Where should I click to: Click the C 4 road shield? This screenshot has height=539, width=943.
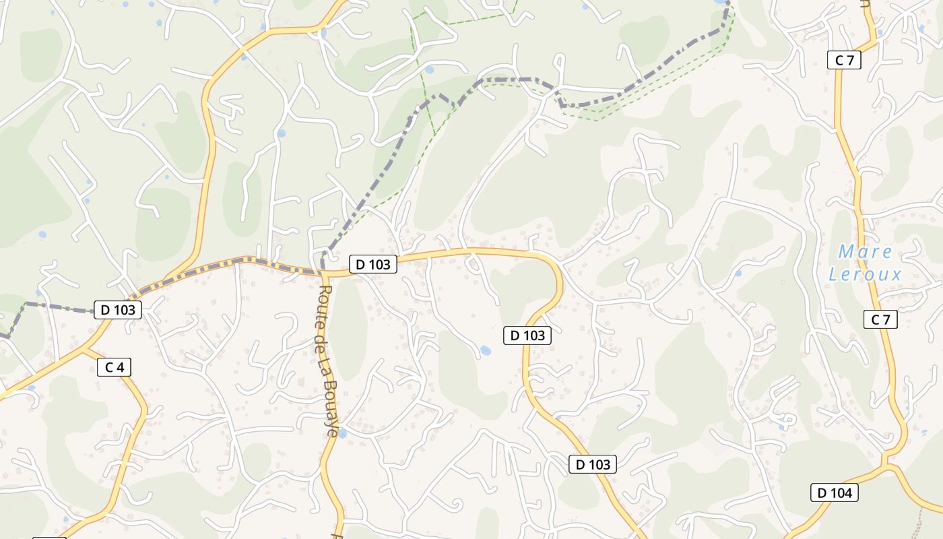(114, 367)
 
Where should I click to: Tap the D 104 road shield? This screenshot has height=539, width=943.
(835, 493)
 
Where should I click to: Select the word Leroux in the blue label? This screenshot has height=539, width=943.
(865, 274)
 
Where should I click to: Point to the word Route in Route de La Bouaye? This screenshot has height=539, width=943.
(324, 301)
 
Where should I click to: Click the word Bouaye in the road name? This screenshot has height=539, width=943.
(330, 410)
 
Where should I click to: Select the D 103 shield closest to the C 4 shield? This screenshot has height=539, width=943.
(118, 310)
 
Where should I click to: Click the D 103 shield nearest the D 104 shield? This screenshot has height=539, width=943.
(592, 464)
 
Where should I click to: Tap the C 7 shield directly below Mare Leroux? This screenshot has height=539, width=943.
(880, 319)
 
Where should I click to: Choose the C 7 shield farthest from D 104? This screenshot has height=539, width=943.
(844, 60)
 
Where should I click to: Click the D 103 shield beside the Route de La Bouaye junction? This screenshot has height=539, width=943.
(372, 264)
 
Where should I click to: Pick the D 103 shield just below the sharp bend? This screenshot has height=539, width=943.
(527, 335)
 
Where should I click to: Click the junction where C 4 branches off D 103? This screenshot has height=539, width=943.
(84, 349)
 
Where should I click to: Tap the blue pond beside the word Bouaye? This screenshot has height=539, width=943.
(342, 433)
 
